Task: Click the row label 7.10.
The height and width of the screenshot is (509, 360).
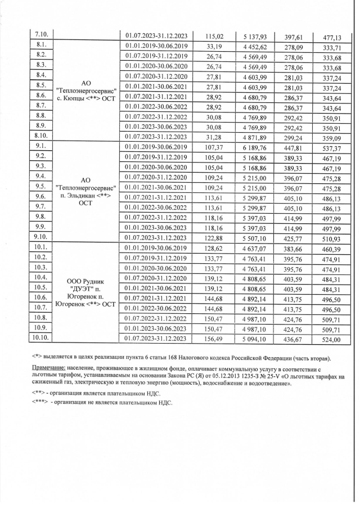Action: pos(40,35)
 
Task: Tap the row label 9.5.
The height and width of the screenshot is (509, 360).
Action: pos(40,186)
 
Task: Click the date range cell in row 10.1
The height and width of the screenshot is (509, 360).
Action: pos(157,248)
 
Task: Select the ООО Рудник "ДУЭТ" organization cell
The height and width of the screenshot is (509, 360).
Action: pos(87,292)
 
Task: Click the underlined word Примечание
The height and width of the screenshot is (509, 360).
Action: pos(49,367)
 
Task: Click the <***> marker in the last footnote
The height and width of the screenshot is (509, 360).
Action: pos(40,403)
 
